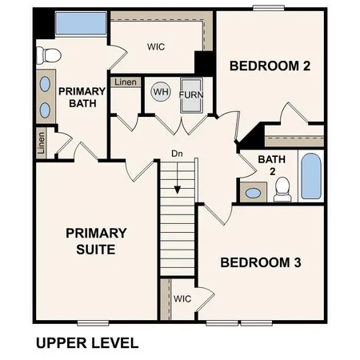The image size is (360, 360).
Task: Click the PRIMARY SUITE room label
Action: point(95,241)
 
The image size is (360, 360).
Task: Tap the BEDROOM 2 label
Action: point(270,66)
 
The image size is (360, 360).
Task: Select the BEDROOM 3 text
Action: point(260,262)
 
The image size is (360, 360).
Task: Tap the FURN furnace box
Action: point(191,95)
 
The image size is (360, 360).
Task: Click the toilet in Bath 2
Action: point(282,188)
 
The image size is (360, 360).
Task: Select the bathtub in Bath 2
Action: point(310,175)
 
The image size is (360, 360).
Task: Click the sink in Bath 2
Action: point(254,193)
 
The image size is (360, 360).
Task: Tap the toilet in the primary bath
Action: point(50,55)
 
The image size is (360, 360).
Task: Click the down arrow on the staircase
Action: point(177,190)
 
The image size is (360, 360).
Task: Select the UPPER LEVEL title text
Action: point(87,344)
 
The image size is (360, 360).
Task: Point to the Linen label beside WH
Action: point(125,82)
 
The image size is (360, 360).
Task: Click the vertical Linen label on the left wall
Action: point(41,142)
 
